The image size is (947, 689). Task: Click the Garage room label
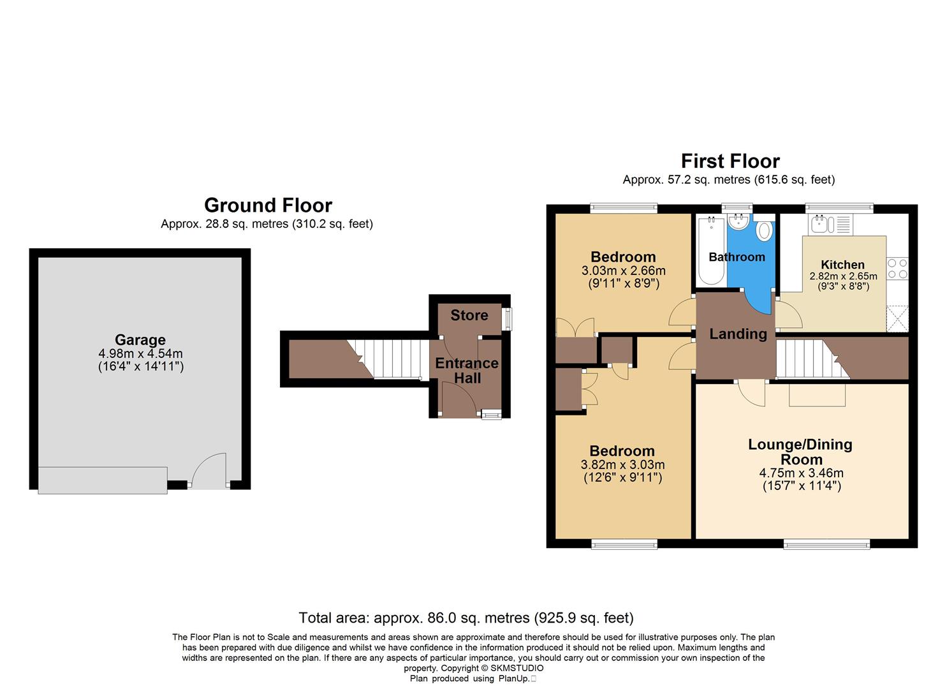140,340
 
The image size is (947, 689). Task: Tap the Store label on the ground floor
469,315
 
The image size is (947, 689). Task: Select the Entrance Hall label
467,371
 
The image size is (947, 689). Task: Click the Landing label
738,334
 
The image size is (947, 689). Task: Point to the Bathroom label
737,257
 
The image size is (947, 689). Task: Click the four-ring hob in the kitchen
897,269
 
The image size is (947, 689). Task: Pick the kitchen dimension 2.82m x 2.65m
843,276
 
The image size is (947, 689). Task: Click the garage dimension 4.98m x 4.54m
140,353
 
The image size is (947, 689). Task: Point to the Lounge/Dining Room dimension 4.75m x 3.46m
801,473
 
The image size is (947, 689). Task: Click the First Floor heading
730,161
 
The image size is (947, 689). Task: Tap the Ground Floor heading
268,205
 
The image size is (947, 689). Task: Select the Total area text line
466,618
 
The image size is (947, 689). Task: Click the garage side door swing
208,471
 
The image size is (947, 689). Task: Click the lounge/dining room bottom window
826,544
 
